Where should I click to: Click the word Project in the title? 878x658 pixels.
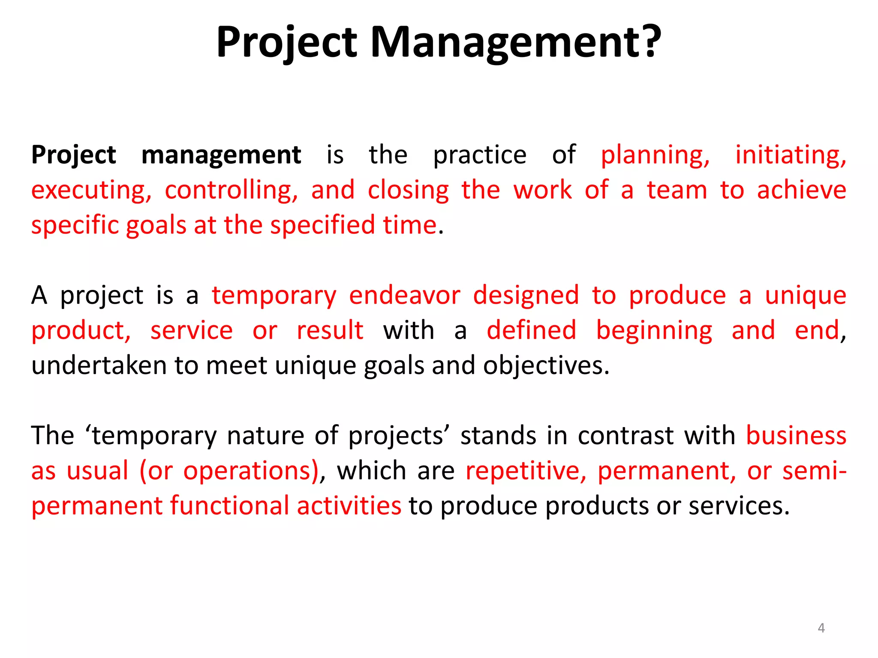[x=286, y=43]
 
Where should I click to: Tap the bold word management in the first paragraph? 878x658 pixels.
[x=221, y=155]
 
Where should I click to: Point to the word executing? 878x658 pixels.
[x=91, y=191]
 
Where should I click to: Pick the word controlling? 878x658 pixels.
[x=231, y=190]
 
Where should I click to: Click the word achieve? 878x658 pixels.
[x=801, y=190]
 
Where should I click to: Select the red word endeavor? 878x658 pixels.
[x=404, y=296]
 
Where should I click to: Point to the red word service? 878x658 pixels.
[x=191, y=331]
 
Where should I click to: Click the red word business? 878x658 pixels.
[x=796, y=436]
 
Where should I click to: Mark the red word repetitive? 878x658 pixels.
[x=526, y=471]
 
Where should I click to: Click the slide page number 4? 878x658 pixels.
[x=821, y=628]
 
